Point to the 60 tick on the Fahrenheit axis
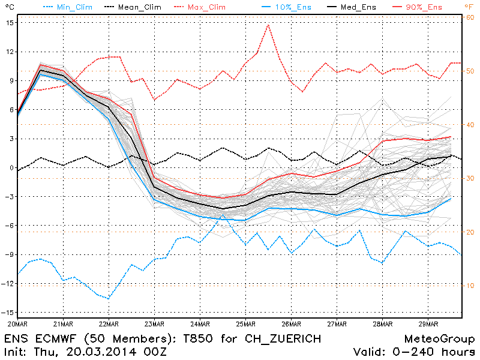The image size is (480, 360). point(470,17)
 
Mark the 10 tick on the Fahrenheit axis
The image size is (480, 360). point(470,286)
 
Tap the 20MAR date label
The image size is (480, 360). point(18,324)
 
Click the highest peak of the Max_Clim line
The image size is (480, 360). point(268,25)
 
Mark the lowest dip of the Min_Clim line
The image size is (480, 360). point(109,298)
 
